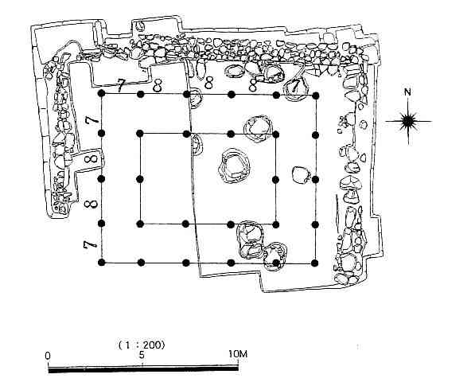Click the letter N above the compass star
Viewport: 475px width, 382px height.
(x=407, y=92)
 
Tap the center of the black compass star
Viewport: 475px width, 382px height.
(x=408, y=121)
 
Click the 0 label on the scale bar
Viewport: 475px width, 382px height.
(x=48, y=356)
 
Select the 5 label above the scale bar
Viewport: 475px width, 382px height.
(x=142, y=355)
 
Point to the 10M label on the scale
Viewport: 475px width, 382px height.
(x=238, y=354)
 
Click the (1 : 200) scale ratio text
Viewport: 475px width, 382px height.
(x=142, y=345)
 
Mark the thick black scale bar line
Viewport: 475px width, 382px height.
(x=143, y=368)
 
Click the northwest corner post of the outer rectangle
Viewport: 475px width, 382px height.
(x=102, y=93)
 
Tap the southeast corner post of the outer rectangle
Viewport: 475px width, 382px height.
(x=315, y=263)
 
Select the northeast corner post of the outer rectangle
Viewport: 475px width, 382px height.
(x=316, y=95)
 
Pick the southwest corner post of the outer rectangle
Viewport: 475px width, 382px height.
(x=102, y=263)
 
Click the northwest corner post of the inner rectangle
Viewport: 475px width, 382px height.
(x=140, y=133)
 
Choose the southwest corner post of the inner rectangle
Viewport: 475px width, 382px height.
(x=140, y=224)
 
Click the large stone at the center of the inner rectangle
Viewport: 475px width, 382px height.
(x=234, y=166)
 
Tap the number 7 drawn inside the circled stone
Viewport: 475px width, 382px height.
(x=294, y=86)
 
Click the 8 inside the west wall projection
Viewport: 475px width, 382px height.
(x=91, y=158)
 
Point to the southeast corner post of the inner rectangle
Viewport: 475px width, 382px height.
(x=275, y=224)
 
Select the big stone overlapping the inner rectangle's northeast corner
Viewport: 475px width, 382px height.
(x=259, y=127)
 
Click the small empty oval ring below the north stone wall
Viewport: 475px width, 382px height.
(x=234, y=71)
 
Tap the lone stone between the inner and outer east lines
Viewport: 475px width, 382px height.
(x=302, y=175)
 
